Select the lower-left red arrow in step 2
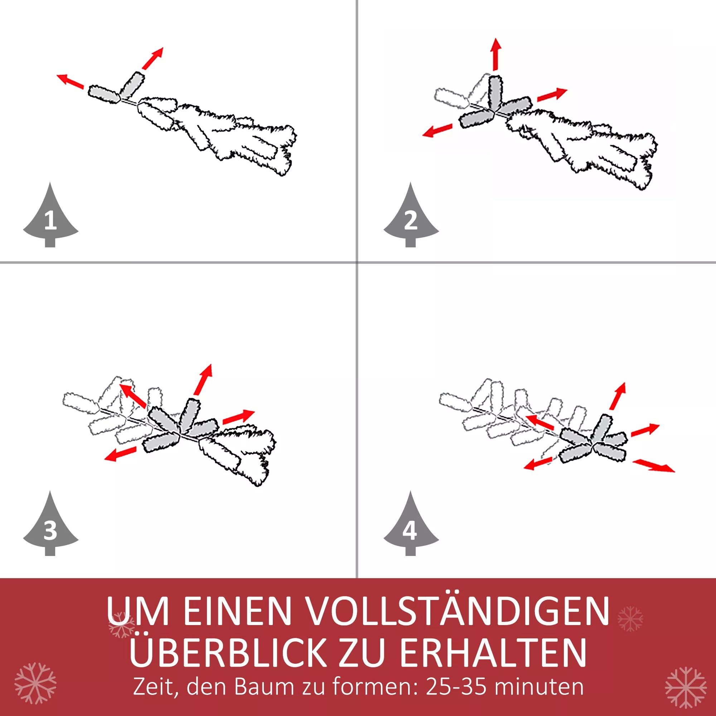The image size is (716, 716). [x=437, y=130]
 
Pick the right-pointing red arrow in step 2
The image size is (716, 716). [x=552, y=95]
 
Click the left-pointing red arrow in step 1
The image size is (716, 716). [x=71, y=82]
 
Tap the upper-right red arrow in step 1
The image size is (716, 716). [x=152, y=59]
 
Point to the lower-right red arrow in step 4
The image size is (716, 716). [x=654, y=465]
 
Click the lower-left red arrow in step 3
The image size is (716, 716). [x=120, y=454]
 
